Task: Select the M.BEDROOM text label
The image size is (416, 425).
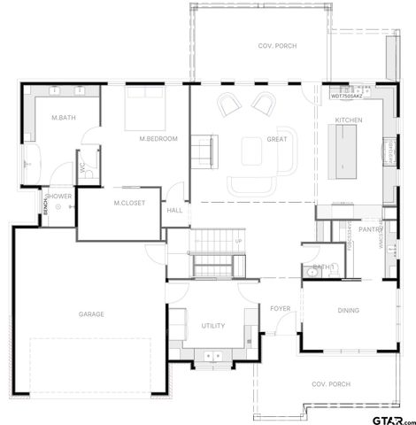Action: tap(159, 139)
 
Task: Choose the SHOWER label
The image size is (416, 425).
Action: tap(59, 196)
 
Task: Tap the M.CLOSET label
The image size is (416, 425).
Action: tap(128, 204)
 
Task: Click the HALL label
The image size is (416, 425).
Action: tap(175, 210)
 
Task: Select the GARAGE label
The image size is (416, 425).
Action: tap(91, 314)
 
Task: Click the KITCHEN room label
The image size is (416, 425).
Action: tap(348, 120)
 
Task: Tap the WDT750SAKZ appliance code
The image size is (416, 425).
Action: tap(347, 95)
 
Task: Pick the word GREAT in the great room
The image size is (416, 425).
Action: tap(277, 139)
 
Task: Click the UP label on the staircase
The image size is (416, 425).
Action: tap(238, 241)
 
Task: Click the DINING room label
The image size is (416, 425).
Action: tap(348, 310)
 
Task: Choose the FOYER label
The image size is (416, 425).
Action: tap(281, 308)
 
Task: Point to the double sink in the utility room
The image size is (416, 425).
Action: tap(212, 356)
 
